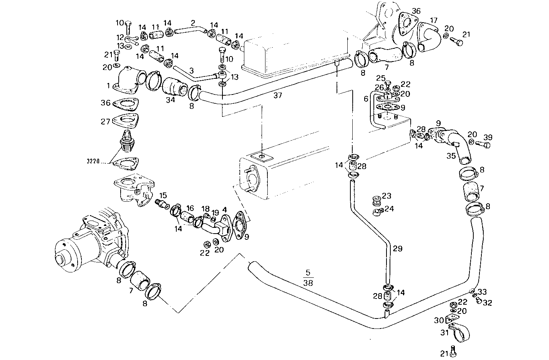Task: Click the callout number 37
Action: tap(277, 95)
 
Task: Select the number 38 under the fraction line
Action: tap(308, 283)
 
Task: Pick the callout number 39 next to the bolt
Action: tap(488, 138)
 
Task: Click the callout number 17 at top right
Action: tap(433, 20)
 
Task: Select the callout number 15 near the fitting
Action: tap(163, 195)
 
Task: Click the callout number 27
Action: tap(106, 121)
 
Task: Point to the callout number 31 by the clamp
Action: tap(445, 333)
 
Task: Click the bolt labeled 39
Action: tap(483, 145)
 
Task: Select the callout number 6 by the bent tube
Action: tap(366, 99)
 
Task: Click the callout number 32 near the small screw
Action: tap(487, 303)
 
